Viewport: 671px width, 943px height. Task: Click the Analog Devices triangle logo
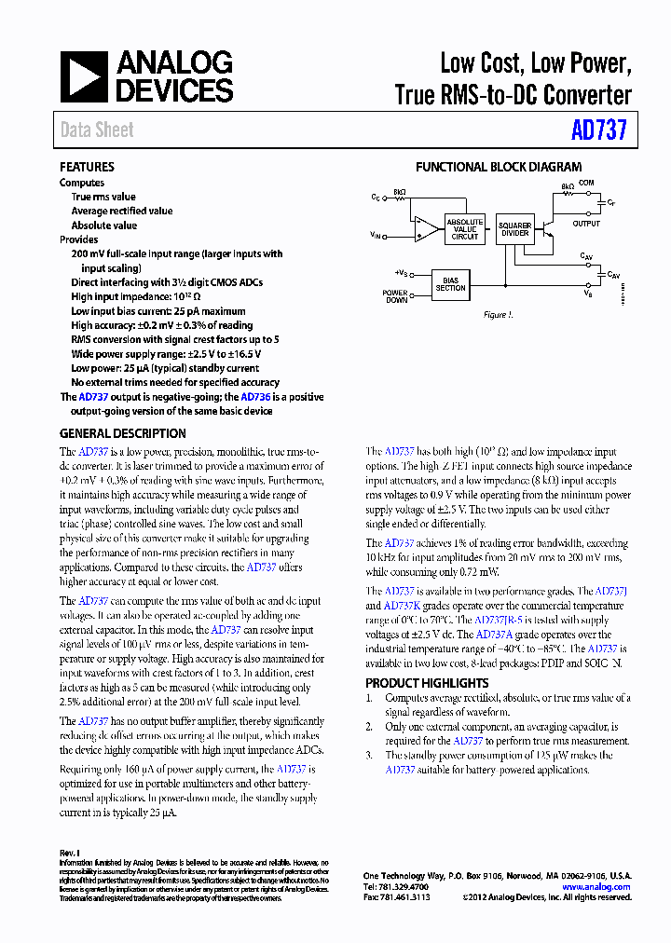[85, 76]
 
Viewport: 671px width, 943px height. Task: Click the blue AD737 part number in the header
[598, 130]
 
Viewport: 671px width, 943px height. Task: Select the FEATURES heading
[87, 167]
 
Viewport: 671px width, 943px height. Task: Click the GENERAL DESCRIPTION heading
[122, 433]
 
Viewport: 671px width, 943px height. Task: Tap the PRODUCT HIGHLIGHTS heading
[427, 683]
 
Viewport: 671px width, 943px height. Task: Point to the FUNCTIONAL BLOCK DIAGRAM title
[498, 167]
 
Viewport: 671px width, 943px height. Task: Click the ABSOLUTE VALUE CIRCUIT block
[464, 229]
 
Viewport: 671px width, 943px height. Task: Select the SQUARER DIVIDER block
[514, 229]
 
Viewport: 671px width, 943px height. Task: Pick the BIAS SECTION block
[450, 284]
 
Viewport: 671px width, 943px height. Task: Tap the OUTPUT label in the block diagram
[586, 224]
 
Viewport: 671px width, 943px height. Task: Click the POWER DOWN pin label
[395, 295]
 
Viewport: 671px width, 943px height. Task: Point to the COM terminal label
[586, 183]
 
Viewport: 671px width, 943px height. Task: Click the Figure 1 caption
[497, 315]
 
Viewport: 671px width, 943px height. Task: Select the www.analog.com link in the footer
[596, 887]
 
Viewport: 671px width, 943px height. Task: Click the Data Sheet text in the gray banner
[97, 130]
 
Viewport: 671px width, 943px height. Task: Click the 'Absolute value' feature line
[104, 225]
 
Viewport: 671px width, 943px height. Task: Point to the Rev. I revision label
[70, 853]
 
